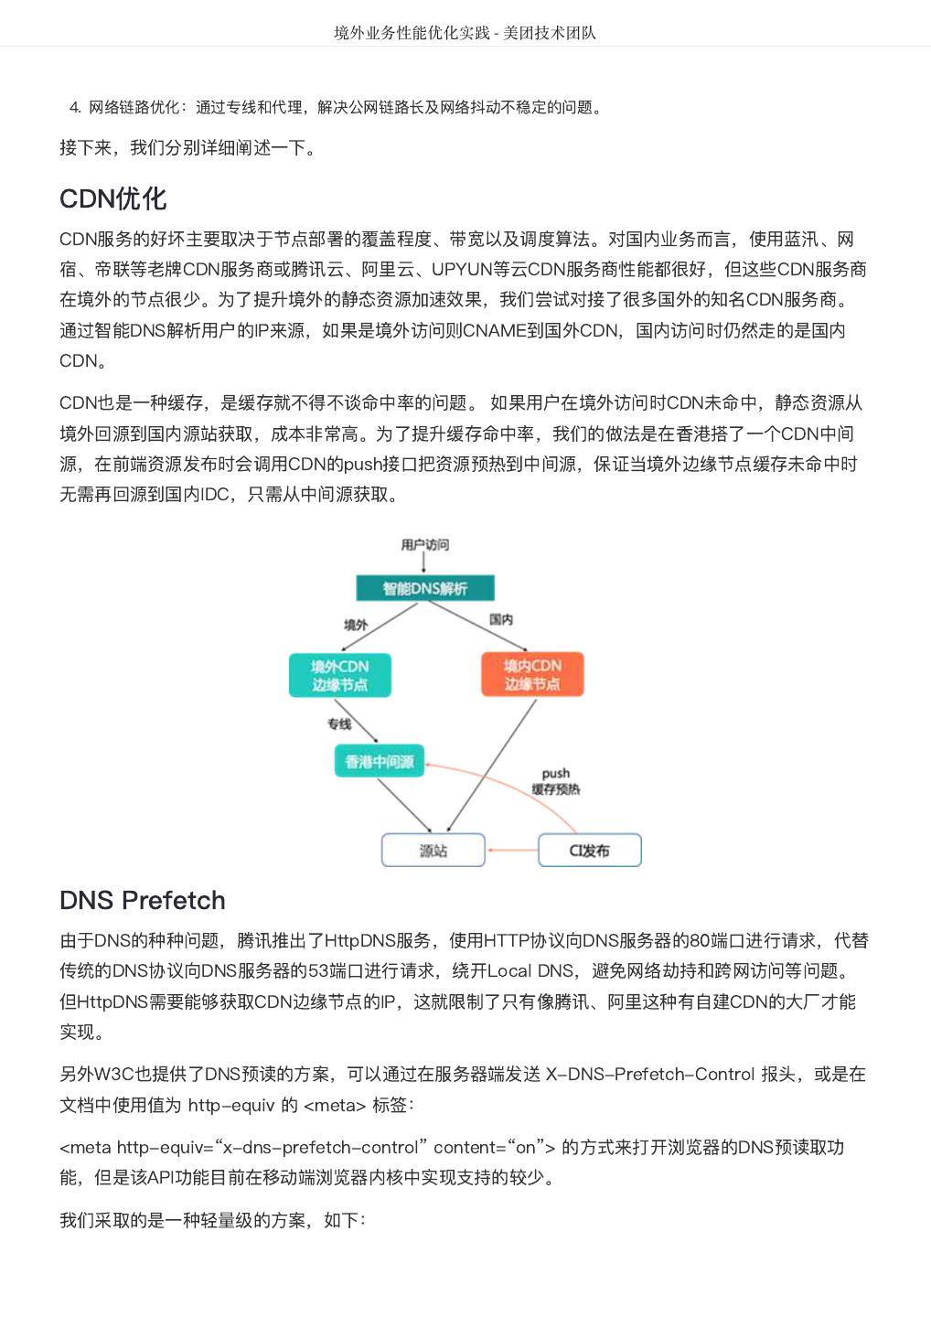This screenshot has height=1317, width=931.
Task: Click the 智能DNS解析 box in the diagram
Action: point(424,588)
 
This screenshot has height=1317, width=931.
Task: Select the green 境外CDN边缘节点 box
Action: point(339,675)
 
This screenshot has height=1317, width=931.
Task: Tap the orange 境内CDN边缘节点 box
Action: point(531,674)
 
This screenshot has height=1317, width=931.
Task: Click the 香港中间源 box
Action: point(379,761)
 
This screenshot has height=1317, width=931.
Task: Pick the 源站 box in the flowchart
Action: point(433,850)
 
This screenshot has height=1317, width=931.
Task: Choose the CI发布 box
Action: point(589,850)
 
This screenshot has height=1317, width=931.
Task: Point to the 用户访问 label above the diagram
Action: point(424,545)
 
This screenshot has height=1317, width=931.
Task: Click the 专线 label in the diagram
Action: point(339,723)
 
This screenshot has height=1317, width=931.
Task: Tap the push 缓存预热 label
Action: point(555,781)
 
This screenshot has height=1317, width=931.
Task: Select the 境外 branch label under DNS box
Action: point(356,625)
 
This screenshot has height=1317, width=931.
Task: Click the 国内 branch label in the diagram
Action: point(501,619)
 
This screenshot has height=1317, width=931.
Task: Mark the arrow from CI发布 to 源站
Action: point(512,851)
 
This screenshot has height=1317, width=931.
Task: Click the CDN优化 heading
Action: point(112,198)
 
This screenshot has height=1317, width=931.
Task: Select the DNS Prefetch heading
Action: point(142,900)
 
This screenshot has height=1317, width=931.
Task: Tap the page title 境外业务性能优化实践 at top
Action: point(412,33)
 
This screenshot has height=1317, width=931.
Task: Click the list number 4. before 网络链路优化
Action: point(75,108)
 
